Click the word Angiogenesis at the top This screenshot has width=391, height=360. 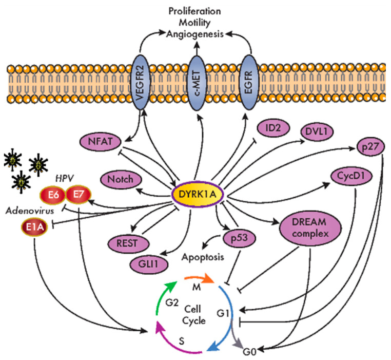click(195, 34)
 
